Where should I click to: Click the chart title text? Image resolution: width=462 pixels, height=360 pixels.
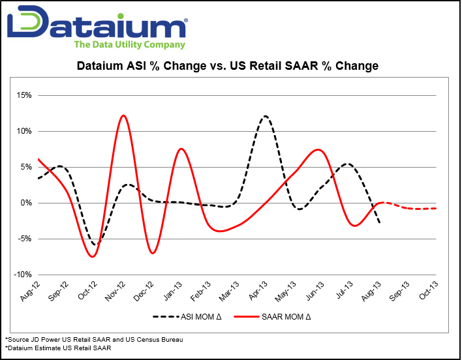pyautogui.click(x=228, y=66)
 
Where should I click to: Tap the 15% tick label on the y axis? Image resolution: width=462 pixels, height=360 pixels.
pyautogui.click(x=24, y=95)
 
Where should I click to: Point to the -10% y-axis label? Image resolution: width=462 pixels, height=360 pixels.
pyautogui.click(x=23, y=275)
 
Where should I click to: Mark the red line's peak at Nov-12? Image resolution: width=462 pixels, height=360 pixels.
pyautogui.click(x=123, y=115)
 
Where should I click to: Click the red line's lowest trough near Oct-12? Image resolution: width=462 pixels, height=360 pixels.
pyautogui.click(x=93, y=256)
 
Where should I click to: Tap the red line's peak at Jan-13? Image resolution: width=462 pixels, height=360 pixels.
pyautogui.click(x=181, y=149)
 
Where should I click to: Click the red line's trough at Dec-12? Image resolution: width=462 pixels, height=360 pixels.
pyautogui.click(x=153, y=252)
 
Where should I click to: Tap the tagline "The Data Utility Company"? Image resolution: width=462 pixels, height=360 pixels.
pyautogui.click(x=129, y=45)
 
